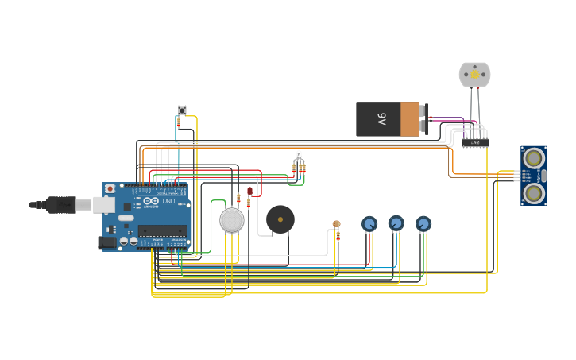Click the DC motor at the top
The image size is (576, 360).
point(474,74)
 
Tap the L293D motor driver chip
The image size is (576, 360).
point(475,143)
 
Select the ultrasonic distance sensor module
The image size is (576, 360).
point(533,175)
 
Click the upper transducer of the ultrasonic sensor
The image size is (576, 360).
point(534,157)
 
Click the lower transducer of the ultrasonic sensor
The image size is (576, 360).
point(534,192)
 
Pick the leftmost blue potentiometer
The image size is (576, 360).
point(369,224)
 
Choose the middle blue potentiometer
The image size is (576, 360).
point(396,223)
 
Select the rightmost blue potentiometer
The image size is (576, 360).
point(423,224)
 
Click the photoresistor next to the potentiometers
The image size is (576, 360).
point(336,225)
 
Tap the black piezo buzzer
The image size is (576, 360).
point(280,219)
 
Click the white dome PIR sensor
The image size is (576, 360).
point(231,220)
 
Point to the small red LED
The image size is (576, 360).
point(249,192)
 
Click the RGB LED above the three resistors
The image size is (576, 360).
point(299,155)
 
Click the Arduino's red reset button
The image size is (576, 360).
point(110,189)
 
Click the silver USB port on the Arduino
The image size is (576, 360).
point(104,205)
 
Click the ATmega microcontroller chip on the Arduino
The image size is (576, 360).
point(162,230)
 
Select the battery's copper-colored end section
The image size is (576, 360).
point(410,118)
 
